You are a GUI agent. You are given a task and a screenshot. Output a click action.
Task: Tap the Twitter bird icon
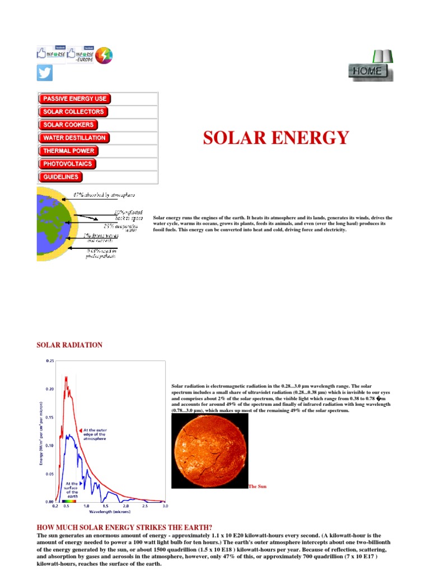click(45, 73)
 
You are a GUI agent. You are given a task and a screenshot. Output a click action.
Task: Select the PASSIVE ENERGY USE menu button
click(74, 99)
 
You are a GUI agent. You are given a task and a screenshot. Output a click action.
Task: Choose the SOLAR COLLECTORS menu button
click(73, 112)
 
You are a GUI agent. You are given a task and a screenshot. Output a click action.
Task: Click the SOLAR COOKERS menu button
click(68, 124)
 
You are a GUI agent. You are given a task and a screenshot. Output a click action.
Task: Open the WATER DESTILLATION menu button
click(74, 138)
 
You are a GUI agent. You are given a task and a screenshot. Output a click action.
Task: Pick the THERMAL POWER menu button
click(68, 151)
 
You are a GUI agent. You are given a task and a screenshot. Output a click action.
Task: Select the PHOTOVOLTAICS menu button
click(68, 164)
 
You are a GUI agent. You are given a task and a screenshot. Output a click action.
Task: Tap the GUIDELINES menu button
click(61, 177)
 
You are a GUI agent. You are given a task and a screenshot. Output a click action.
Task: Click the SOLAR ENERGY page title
click(275, 137)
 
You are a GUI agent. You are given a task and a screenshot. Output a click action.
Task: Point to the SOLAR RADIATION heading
click(69, 345)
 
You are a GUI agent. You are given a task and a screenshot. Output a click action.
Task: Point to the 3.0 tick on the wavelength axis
click(165, 506)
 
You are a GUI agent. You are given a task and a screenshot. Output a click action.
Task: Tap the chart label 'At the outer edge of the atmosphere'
click(99, 434)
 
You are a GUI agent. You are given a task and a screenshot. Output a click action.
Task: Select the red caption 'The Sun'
click(258, 487)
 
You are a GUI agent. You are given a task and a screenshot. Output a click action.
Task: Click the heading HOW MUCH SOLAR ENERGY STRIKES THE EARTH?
click(124, 527)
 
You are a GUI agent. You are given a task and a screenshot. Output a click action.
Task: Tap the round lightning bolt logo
click(104, 55)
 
